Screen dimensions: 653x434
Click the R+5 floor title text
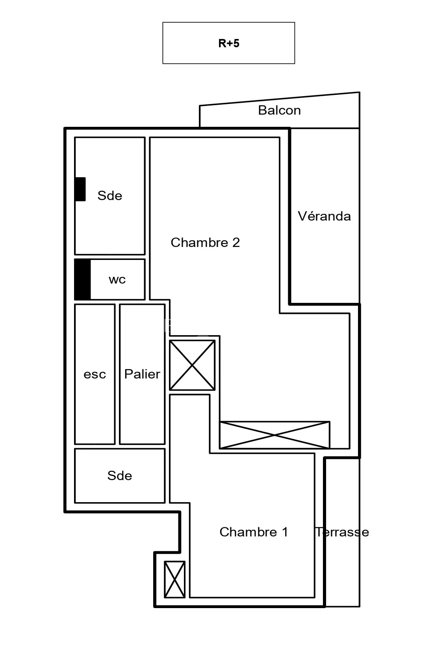229,43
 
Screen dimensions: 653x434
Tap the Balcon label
279,110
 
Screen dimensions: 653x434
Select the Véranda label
324,216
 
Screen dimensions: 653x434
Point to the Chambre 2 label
205,243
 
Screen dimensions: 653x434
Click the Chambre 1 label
254,532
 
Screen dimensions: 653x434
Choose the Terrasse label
342,532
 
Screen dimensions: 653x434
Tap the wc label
117,280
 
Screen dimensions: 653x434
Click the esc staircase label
95,374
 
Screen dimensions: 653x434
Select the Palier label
142,374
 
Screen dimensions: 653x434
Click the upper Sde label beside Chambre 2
110,196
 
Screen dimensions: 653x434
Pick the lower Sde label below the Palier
120,476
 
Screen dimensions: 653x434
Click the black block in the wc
83,279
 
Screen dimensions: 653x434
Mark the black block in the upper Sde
80,189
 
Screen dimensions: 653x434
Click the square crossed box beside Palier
192,365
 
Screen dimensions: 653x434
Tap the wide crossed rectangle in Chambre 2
274,435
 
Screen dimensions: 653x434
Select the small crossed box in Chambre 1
174,579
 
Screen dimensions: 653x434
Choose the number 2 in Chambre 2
236,243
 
